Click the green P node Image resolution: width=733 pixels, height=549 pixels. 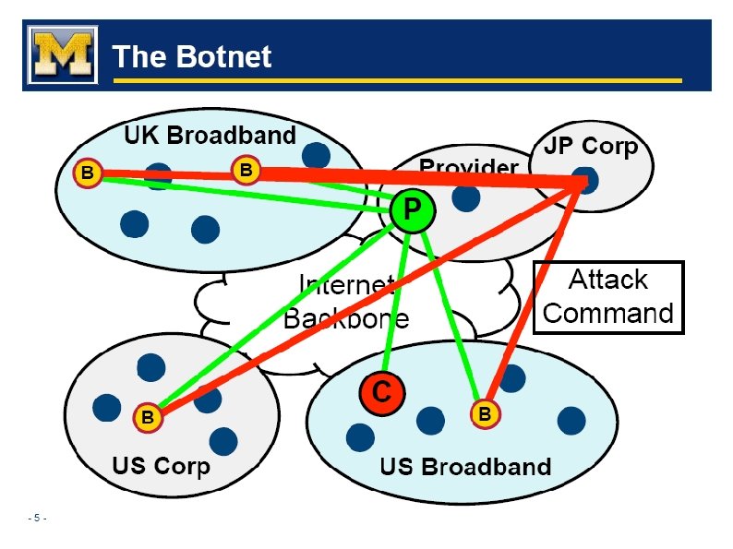[411, 211]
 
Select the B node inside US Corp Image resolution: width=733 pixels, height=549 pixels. [147, 417]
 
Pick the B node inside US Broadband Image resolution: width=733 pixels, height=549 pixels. [484, 414]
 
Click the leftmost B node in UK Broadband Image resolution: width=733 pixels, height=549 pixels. [87, 173]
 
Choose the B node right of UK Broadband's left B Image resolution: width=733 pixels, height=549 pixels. [246, 170]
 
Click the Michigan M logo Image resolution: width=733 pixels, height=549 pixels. [62, 55]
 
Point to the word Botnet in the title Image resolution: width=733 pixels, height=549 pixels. [222, 57]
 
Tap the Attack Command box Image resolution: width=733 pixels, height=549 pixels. [608, 296]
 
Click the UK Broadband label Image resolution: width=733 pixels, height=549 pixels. [210, 136]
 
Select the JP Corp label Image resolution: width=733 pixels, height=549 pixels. [591, 146]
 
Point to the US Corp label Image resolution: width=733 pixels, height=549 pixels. [161, 465]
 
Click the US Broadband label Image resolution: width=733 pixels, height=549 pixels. [465, 466]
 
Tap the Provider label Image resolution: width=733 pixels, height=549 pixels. [468, 167]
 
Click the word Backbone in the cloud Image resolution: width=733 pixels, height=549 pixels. [345, 319]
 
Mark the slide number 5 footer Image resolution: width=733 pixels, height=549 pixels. [38, 518]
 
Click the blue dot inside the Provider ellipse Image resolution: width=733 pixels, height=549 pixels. [466, 197]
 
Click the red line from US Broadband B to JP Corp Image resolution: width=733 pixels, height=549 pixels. [535, 295]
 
